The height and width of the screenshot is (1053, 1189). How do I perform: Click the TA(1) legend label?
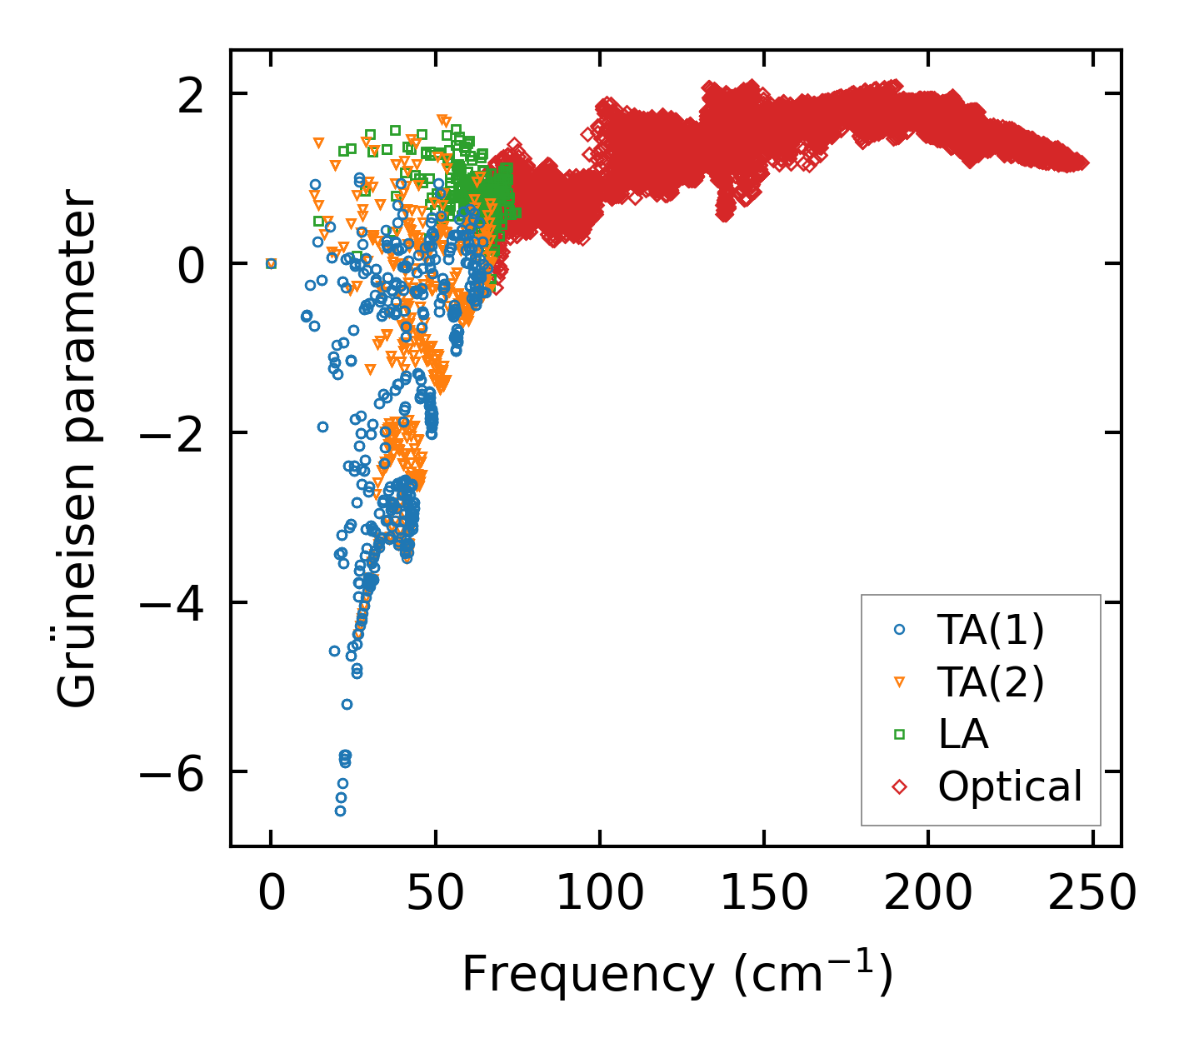(x=990, y=631)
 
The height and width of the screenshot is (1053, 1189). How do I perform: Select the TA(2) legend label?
(x=990, y=682)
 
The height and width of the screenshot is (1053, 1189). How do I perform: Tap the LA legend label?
(x=962, y=734)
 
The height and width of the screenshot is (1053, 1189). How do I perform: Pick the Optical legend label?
(x=1010, y=786)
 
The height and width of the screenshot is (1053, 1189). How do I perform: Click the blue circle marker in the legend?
(x=899, y=631)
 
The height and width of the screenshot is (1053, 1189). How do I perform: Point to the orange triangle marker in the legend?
(x=899, y=682)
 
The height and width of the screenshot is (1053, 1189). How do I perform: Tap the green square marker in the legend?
(x=899, y=734)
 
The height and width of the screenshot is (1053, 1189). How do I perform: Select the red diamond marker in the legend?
(x=899, y=786)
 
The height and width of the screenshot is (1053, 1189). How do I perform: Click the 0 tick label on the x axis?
(x=271, y=894)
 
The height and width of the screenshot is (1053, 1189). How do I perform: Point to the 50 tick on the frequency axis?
(x=435, y=894)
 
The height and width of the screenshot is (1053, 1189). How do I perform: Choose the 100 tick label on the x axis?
(x=599, y=894)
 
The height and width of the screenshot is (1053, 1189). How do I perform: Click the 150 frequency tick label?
(x=763, y=894)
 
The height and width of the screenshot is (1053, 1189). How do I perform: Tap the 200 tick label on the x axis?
(x=927, y=894)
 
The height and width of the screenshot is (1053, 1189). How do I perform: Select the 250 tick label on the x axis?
(x=1092, y=894)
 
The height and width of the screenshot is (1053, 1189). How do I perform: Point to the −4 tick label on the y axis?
(x=172, y=603)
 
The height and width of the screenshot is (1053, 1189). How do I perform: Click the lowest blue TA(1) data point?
(x=340, y=811)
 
